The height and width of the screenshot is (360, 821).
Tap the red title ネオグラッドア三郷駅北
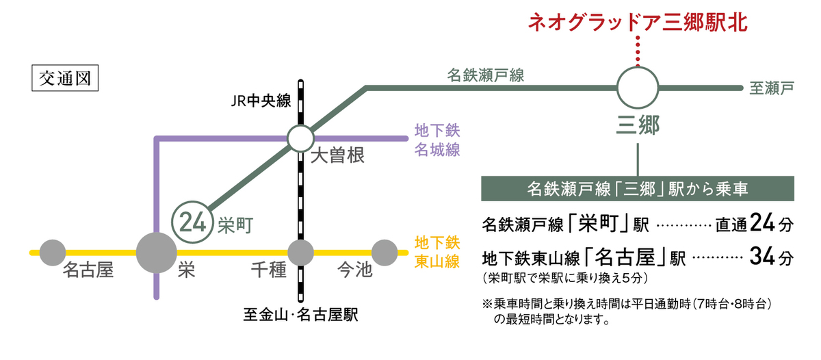[x=638, y=23]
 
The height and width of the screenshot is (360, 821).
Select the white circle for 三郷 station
[x=638, y=88]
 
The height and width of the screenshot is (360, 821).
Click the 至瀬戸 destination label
[x=771, y=88]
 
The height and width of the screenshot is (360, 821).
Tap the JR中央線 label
[x=261, y=103]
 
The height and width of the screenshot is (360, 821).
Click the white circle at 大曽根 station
[x=300, y=138]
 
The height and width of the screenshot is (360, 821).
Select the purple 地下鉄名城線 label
[x=437, y=140]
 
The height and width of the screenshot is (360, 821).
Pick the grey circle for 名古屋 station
[x=53, y=253]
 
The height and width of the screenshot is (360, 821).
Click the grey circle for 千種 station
[x=300, y=253]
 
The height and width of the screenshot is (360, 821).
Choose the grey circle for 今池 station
[x=384, y=253]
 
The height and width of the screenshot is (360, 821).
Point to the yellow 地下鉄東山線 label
[x=437, y=252]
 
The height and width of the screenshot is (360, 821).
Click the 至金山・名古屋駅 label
[x=301, y=317]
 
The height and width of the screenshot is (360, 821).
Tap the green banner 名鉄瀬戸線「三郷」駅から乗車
[x=638, y=188]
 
